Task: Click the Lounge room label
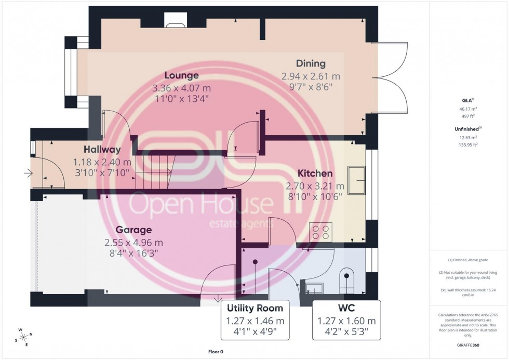click(182, 75)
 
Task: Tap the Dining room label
click(311, 63)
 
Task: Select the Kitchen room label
click(315, 173)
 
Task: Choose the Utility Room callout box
click(255, 319)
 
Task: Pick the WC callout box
click(346, 319)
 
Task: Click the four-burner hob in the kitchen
click(320, 231)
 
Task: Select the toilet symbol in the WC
click(346, 280)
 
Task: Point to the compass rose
click(24, 336)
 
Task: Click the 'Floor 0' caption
click(215, 352)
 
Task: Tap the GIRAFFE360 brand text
click(468, 345)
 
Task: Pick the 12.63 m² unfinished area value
click(468, 138)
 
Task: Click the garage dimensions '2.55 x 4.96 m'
click(133, 242)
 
